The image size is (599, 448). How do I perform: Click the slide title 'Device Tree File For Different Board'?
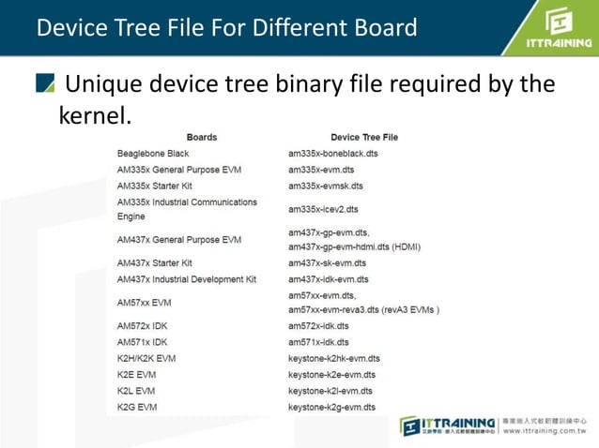tap(226, 27)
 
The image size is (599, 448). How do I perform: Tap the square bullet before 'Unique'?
tap(45, 85)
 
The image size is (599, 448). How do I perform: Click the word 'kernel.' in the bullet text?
tap(94, 116)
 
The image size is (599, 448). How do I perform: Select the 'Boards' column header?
tap(201, 137)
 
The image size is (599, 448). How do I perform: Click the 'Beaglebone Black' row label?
tap(153, 153)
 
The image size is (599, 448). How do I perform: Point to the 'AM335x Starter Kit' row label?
tap(156, 186)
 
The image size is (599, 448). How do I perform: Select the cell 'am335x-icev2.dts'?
tap(323, 209)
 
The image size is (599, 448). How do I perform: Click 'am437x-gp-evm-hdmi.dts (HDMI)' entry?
tap(354, 246)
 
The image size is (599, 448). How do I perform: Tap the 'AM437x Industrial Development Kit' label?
tap(187, 279)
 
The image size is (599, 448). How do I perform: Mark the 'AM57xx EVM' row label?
tap(144, 303)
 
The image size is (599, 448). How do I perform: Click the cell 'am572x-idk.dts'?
tap(318, 325)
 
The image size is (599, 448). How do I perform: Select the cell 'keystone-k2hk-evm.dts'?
tap(333, 358)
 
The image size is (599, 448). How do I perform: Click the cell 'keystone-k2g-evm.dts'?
tap(331, 407)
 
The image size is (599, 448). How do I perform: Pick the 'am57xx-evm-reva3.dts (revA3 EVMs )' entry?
tap(363, 309)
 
